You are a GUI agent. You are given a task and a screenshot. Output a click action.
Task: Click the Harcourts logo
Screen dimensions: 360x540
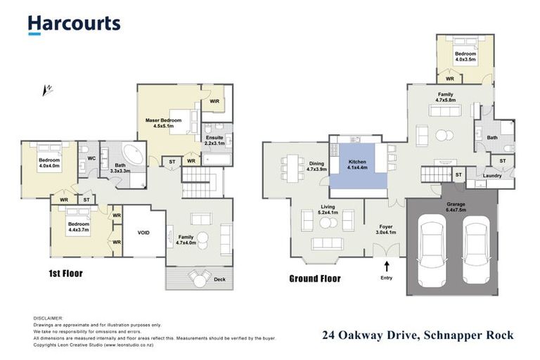[74, 24]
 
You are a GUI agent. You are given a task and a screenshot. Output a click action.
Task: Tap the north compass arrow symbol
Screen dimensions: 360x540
[48, 89]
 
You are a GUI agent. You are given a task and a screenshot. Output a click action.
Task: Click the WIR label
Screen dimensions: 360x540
[214, 101]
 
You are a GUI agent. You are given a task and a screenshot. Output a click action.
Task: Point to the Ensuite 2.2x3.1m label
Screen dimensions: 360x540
[214, 140]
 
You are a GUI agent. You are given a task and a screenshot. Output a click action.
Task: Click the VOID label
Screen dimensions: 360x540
[144, 232]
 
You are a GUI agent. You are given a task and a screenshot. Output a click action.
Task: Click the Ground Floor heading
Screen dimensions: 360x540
[315, 278]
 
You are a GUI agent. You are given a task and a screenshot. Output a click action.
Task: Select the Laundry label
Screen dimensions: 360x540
[493, 175]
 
